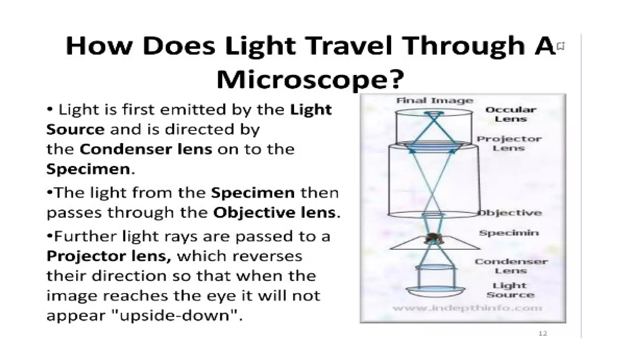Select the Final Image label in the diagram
pos(435,101)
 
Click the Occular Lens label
pos(511,114)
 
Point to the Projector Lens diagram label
pos(509,143)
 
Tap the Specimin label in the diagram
pos(509,233)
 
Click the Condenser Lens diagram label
pos(511,266)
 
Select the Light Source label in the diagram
pos(510,290)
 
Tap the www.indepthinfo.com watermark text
pos(467,308)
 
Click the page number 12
pos(543,333)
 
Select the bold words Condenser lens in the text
pos(146,149)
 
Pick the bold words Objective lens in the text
pos(274,213)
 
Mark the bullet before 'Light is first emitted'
pos(50,110)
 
